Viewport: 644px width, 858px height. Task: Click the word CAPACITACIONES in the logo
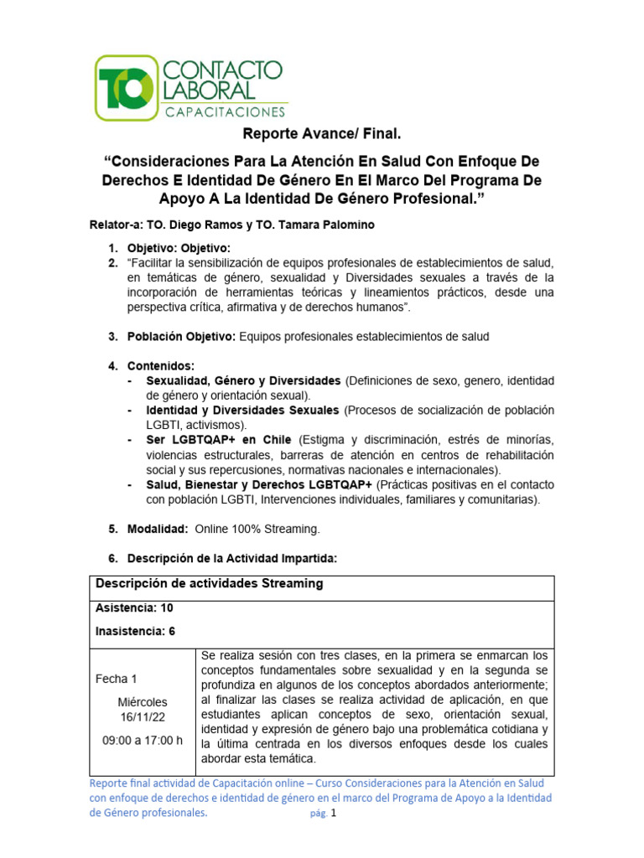pyautogui.click(x=222, y=112)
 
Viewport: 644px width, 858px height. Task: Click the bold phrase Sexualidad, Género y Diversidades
pyautogui.click(x=243, y=381)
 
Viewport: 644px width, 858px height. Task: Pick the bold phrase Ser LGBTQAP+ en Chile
pyautogui.click(x=218, y=440)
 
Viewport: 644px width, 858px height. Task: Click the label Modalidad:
pyautogui.click(x=158, y=530)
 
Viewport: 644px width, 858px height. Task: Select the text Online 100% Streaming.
pyautogui.click(x=257, y=530)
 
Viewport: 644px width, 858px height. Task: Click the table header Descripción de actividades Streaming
pyautogui.click(x=210, y=584)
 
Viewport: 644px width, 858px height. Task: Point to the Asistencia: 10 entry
pyautogui.click(x=134, y=608)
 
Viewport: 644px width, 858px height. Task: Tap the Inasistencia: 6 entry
pyautogui.click(x=136, y=631)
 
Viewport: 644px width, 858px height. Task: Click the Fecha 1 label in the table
pyautogui.click(x=117, y=679)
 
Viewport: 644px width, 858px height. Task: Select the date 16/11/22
pyautogui.click(x=142, y=717)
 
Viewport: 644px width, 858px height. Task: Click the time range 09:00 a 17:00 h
pyautogui.click(x=142, y=740)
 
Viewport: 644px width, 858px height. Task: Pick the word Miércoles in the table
pyautogui.click(x=142, y=702)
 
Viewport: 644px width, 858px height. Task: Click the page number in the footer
pyautogui.click(x=333, y=813)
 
